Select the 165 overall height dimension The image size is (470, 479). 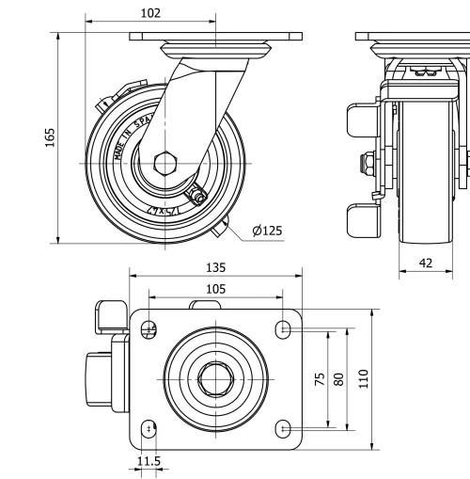(x=50, y=137)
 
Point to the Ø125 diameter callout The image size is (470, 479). (x=267, y=230)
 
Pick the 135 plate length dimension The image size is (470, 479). (x=215, y=267)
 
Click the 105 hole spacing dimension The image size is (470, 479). (x=215, y=290)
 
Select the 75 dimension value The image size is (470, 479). (x=321, y=378)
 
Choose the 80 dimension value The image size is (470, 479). (x=339, y=378)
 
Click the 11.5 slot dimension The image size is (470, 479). (x=149, y=461)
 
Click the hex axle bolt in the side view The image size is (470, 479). (x=165, y=162)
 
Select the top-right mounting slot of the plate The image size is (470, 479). (x=284, y=328)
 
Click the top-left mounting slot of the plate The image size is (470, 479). (x=149, y=328)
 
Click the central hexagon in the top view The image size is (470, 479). (x=215, y=378)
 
